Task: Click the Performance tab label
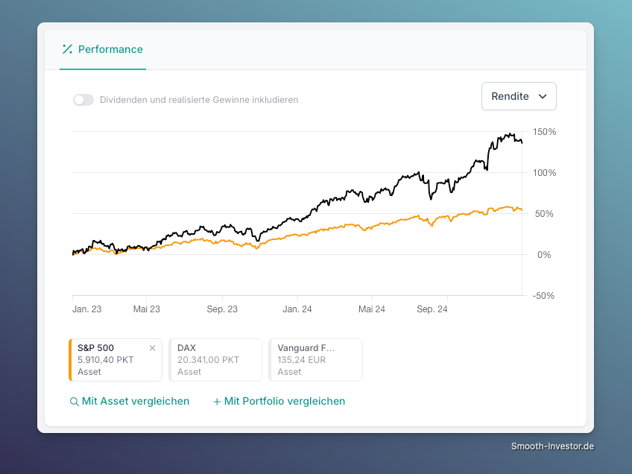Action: pyautogui.click(x=110, y=49)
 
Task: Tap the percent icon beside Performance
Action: pyautogui.click(x=67, y=49)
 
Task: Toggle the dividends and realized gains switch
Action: pyautogui.click(x=83, y=100)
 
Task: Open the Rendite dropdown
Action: pyautogui.click(x=519, y=96)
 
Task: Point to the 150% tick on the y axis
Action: pyautogui.click(x=544, y=132)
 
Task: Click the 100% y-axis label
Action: pyautogui.click(x=544, y=173)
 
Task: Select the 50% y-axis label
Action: pyautogui.click(x=544, y=214)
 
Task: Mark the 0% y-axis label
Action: pyautogui.click(x=544, y=255)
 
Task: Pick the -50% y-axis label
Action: pyautogui.click(x=543, y=296)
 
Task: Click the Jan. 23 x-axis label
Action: pyautogui.click(x=86, y=309)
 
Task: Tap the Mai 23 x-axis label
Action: pyautogui.click(x=146, y=309)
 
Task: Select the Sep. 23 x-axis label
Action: pyautogui.click(x=222, y=309)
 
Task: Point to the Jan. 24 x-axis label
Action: pyautogui.click(x=297, y=309)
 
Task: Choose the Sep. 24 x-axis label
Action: pyautogui.click(x=432, y=309)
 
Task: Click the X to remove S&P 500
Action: pyautogui.click(x=152, y=348)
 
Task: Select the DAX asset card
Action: pyautogui.click(x=215, y=360)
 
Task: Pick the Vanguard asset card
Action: pyautogui.click(x=315, y=360)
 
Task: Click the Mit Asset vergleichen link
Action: pyautogui.click(x=130, y=402)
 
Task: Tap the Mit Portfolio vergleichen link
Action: pyautogui.click(x=279, y=402)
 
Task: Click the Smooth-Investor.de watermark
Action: pyautogui.click(x=552, y=446)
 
